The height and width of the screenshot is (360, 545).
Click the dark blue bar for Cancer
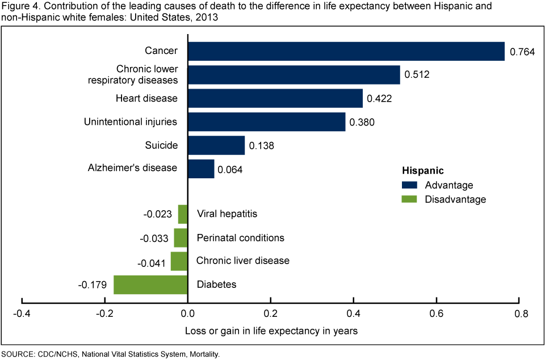(346, 51)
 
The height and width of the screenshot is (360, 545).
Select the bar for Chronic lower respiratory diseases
(294, 75)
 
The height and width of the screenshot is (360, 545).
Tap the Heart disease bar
(275, 98)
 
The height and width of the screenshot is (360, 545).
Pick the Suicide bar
(216, 145)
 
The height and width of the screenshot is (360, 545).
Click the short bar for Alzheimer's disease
(201, 169)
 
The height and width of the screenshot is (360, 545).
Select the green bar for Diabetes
(150, 284)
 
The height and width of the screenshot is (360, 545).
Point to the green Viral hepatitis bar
(183, 214)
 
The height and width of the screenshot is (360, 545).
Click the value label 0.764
(522, 52)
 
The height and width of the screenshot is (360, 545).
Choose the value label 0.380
(362, 122)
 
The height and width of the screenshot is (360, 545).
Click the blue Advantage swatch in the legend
(409, 185)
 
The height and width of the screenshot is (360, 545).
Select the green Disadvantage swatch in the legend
(409, 199)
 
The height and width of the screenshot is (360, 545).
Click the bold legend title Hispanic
(422, 170)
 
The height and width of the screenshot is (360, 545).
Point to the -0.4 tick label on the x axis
(22, 314)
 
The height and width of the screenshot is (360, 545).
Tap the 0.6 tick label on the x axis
(437, 314)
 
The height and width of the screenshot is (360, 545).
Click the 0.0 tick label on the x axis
(188, 314)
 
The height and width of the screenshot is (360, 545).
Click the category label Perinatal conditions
(240, 238)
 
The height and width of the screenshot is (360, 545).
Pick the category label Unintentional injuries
(131, 122)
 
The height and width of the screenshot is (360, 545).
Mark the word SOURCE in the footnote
(18, 354)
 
